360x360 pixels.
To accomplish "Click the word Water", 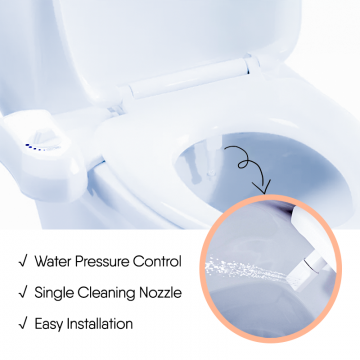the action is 53,262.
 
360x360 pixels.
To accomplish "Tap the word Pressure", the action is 102,262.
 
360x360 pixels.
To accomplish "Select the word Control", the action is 157,262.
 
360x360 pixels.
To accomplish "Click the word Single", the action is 54,293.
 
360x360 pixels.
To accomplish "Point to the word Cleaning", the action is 106,293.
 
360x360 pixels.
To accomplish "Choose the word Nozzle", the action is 160,293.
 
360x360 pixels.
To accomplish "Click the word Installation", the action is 100,324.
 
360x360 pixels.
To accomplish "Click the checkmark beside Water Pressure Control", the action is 23,262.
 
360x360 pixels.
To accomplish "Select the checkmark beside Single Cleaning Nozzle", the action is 23,293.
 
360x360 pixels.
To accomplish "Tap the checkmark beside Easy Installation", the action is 23,324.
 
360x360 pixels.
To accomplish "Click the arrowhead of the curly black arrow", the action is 262,188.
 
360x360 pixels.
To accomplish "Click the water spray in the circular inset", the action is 245,269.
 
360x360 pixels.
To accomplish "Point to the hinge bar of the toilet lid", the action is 190,77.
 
